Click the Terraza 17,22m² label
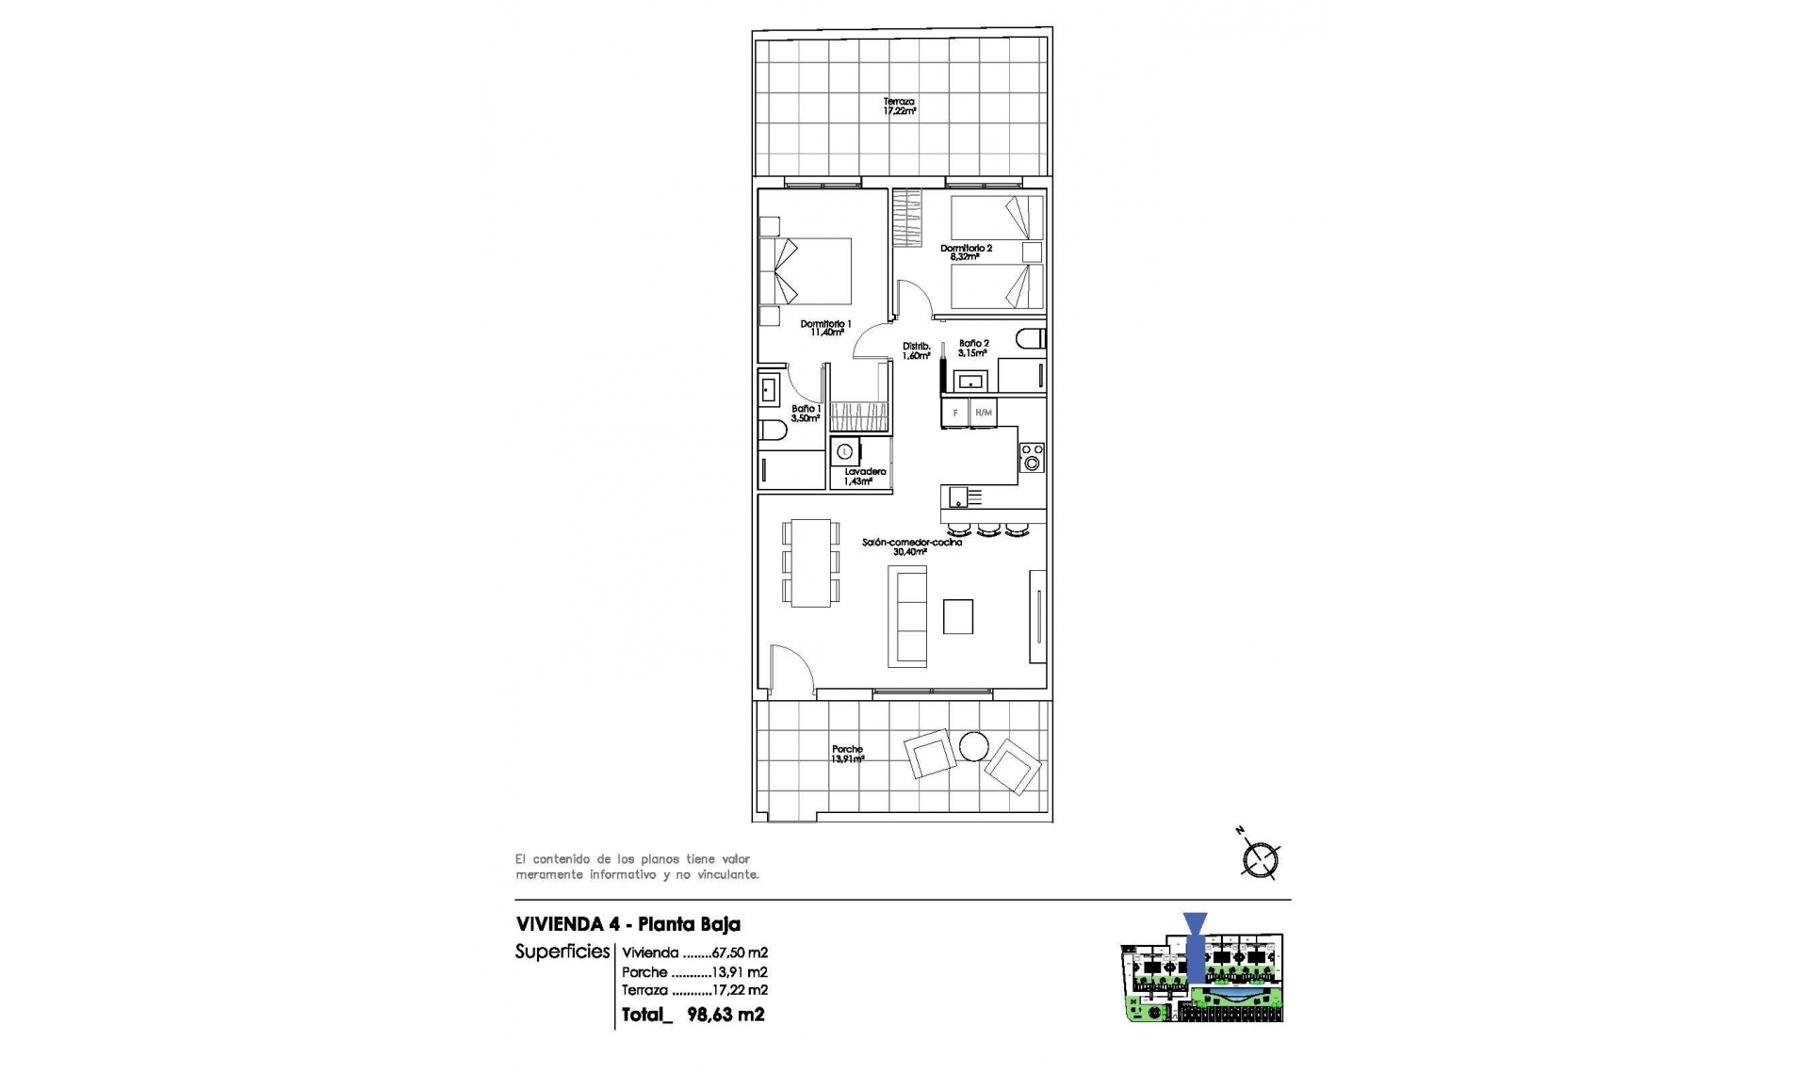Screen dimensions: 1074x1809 coord(899,106)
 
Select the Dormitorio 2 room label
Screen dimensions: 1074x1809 coord(966,252)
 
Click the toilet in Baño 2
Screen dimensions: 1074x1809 coord(1031,338)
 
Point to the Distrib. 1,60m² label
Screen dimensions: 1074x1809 coord(916,350)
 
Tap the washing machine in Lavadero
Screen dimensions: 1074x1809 coord(845,452)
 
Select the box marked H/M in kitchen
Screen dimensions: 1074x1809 coord(983,413)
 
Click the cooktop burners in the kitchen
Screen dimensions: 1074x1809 coord(1032,458)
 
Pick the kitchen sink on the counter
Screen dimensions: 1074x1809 coord(958,496)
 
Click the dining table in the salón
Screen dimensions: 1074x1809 coord(810,562)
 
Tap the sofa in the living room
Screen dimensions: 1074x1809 coord(909,617)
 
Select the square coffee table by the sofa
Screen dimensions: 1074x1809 coord(958,617)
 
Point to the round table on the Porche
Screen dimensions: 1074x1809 coord(973,746)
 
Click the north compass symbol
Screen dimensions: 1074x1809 coord(1260,859)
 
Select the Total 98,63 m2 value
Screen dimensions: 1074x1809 coord(725,1015)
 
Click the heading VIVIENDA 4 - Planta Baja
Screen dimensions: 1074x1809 coord(627,924)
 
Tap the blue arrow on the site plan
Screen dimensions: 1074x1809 coord(1195,947)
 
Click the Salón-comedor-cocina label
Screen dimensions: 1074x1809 coord(911,546)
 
